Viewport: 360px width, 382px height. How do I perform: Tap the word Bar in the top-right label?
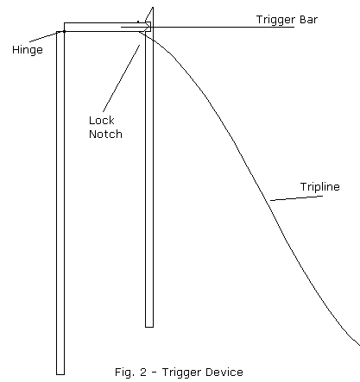(x=309, y=20)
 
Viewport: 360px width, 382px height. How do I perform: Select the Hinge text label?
(x=28, y=50)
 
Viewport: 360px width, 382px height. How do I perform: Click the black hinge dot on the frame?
(x=64, y=31)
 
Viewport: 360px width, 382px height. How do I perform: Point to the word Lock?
(x=102, y=120)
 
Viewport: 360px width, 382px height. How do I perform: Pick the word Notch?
(x=105, y=134)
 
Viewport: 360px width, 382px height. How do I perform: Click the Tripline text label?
(x=320, y=187)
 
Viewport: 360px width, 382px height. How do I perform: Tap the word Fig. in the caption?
(x=123, y=373)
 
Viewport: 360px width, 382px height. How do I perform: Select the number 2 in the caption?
(x=143, y=373)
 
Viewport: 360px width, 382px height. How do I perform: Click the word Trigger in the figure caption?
(x=177, y=373)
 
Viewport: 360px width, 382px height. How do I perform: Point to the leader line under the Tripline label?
(x=296, y=198)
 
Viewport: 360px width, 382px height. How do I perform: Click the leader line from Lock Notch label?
(x=122, y=78)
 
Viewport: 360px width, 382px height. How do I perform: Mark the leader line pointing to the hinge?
(x=46, y=37)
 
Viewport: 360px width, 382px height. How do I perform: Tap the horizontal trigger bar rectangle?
(x=106, y=27)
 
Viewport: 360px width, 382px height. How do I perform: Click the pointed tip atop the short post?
(x=153, y=8)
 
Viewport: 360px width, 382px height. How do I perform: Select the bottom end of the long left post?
(x=60, y=374)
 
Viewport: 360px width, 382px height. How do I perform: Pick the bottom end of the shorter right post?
(x=149, y=327)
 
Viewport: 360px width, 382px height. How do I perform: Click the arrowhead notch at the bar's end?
(x=148, y=28)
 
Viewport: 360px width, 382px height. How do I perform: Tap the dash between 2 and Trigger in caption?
(x=154, y=373)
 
